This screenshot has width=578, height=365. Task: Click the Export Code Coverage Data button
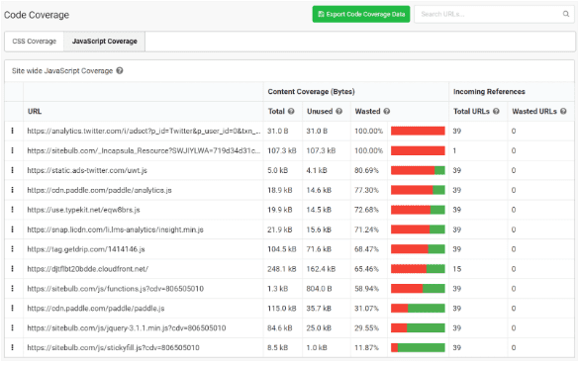(360, 14)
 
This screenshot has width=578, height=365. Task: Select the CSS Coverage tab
(34, 42)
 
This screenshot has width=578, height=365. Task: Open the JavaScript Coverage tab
(103, 42)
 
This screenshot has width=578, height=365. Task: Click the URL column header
(35, 111)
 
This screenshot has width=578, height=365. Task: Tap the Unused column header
(319, 111)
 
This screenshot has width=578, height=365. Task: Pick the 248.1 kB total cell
(282, 268)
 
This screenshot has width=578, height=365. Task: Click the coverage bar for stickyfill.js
(418, 347)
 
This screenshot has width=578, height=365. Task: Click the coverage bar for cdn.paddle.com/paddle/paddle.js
(418, 308)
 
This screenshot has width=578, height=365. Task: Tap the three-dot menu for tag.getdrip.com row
(13, 249)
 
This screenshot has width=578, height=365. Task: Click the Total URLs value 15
(457, 268)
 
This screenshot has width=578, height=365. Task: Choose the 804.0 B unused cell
(319, 288)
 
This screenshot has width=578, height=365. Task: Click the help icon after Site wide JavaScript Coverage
(120, 71)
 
